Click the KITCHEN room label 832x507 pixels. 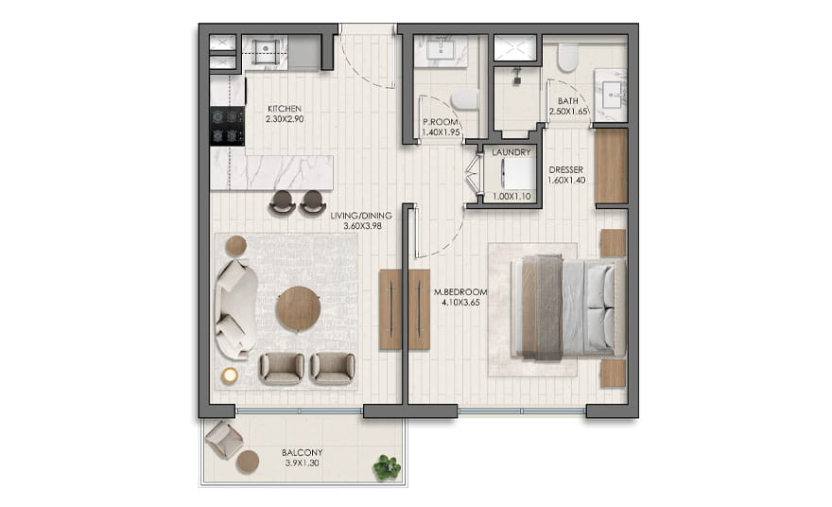[285, 109]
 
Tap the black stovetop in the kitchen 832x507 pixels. [228, 126]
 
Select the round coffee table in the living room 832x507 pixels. [298, 309]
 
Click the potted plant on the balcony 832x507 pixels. [387, 467]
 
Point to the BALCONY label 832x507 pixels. [302, 453]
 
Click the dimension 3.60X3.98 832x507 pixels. [362, 226]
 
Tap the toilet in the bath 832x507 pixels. [567, 58]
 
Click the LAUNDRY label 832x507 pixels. [511, 152]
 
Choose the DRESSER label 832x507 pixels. [566, 170]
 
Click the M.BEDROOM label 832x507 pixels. [460, 292]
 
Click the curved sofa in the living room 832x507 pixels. [235, 309]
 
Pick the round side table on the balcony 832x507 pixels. [248, 462]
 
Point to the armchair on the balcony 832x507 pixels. [224, 440]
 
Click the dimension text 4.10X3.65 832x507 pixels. [460, 303]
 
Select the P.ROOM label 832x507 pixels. [441, 122]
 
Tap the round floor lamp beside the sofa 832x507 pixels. [230, 376]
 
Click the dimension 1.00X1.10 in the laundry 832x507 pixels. [511, 197]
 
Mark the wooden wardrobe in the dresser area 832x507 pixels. [612, 166]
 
